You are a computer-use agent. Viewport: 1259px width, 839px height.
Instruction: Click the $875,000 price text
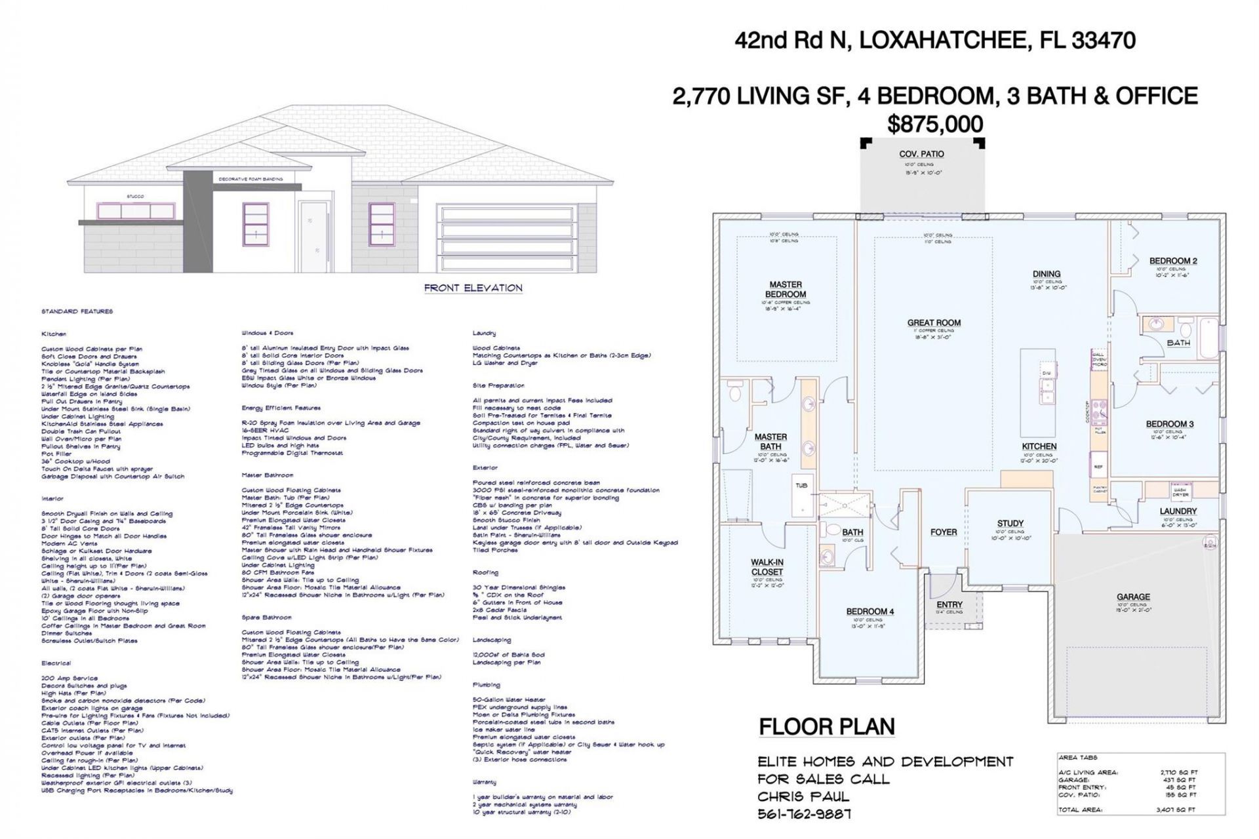[x=935, y=124]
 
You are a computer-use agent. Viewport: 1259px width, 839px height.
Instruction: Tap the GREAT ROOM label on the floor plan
[x=934, y=322]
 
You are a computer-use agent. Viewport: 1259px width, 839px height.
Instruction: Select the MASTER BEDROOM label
[x=785, y=289]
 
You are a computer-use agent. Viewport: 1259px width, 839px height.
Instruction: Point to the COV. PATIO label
[x=921, y=154]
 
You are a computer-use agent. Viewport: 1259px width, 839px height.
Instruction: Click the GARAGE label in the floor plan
[x=1133, y=596]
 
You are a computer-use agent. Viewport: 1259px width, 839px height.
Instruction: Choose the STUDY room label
[x=1010, y=523]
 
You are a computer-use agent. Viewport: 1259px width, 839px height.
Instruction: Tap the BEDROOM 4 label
[x=869, y=612]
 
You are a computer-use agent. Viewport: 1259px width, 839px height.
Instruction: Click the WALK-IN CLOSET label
[x=767, y=567]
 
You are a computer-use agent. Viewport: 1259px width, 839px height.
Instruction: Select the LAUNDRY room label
[x=1178, y=511]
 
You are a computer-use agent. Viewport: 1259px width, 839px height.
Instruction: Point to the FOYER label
[x=943, y=532]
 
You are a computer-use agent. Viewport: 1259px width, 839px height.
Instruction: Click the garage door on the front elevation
[x=506, y=239]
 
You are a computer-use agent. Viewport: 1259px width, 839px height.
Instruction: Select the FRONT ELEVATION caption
[x=473, y=288]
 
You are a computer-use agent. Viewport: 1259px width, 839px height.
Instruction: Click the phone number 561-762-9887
[x=804, y=814]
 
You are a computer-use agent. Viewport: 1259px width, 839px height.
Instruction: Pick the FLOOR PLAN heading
[x=826, y=726]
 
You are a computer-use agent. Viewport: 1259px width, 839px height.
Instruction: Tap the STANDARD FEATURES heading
[x=77, y=311]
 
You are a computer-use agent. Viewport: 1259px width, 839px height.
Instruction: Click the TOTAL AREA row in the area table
[x=1127, y=810]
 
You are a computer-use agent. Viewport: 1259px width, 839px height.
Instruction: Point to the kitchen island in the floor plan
[x=1037, y=393]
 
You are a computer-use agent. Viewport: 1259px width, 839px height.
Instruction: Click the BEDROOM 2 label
[x=1172, y=261]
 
